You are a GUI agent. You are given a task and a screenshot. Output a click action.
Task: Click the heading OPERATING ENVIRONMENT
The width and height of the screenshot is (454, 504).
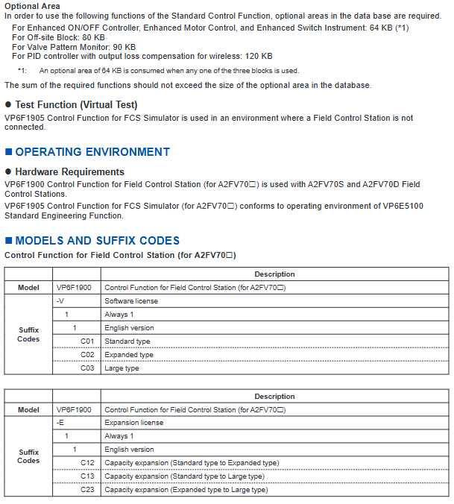point(92,152)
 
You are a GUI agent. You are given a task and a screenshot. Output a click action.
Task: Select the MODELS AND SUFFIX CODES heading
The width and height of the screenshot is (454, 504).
point(97,241)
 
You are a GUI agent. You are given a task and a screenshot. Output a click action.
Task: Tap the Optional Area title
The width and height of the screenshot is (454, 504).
point(33,5)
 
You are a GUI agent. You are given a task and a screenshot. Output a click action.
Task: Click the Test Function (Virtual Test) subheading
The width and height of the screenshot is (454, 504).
point(76,105)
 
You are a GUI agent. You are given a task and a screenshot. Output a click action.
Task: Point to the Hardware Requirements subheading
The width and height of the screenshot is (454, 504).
point(69,171)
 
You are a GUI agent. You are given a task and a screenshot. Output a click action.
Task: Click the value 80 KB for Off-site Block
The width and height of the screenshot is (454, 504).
point(94,37)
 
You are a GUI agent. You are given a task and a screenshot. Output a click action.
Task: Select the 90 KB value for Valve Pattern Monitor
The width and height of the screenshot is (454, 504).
point(120,46)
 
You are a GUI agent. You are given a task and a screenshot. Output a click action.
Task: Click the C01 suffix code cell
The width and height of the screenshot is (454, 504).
point(88,341)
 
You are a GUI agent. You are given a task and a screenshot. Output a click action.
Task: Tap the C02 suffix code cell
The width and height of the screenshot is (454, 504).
point(88,355)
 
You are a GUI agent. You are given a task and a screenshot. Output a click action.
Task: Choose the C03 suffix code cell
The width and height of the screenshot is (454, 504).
point(88,368)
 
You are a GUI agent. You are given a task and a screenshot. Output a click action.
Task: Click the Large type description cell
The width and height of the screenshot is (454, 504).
point(122,368)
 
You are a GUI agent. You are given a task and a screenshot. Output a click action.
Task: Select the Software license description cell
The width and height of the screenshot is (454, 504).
point(130,301)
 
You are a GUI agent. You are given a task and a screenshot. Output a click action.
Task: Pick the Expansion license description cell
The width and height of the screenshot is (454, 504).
point(133,423)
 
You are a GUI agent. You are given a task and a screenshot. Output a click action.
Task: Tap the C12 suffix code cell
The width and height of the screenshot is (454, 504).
point(88,463)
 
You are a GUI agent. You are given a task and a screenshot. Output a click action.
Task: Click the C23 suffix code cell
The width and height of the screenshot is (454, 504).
point(88,490)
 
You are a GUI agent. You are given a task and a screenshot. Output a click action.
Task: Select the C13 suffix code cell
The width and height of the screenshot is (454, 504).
point(88,476)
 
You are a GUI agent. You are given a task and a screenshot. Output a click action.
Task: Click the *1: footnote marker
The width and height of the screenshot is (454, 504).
point(22,71)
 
